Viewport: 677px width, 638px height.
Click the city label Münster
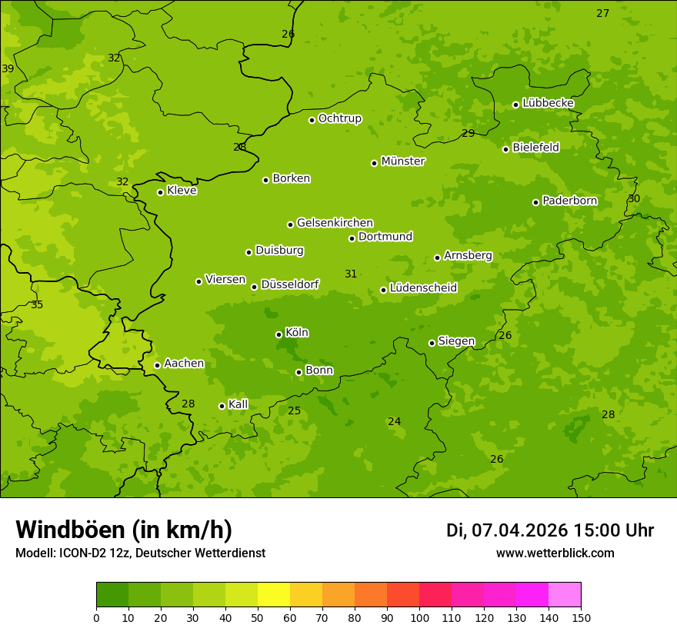tap(403, 161)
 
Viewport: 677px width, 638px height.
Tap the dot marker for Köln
tap(278, 334)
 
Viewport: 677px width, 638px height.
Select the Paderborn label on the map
tap(569, 201)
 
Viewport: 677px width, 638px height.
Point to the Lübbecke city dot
tap(515, 105)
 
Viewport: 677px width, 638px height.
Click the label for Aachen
tap(184, 364)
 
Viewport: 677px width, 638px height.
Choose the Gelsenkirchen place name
tap(335, 223)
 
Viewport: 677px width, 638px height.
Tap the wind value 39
tap(8, 69)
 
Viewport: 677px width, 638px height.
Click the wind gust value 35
tap(37, 305)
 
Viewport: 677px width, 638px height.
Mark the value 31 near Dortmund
tap(351, 274)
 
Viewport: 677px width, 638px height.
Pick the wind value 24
tap(395, 422)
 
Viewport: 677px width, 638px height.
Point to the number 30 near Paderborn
tap(634, 199)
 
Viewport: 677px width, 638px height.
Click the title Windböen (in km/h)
tap(124, 530)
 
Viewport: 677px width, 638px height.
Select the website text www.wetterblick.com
tap(555, 553)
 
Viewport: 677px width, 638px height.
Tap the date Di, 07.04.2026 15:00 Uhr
tap(550, 530)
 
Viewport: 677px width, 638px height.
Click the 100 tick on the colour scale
tap(419, 617)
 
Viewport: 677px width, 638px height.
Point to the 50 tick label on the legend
tap(258, 617)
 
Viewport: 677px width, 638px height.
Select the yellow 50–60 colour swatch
tap(274, 594)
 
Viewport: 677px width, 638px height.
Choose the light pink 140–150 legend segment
tap(565, 594)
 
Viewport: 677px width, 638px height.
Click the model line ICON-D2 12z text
tap(140, 553)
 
